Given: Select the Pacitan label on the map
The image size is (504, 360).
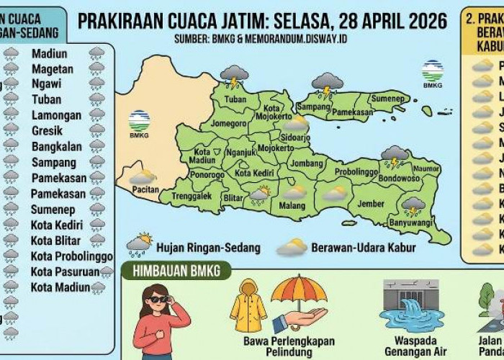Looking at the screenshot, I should [x=145, y=189].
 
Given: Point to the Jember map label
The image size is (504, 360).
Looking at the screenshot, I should [x=371, y=204].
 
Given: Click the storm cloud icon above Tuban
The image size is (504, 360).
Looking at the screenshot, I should [x=234, y=76].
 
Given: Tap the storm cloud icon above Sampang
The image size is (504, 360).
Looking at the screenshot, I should [x=328, y=84].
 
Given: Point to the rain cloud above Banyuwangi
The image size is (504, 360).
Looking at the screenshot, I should [x=413, y=205].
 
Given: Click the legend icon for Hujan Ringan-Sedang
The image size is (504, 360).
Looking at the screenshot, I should [x=139, y=244].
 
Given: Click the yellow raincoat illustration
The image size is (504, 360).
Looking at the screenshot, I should [x=249, y=300].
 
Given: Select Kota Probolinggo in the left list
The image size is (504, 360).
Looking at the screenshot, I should [x=72, y=256].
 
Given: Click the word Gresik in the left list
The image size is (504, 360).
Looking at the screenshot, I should [x=47, y=131].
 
